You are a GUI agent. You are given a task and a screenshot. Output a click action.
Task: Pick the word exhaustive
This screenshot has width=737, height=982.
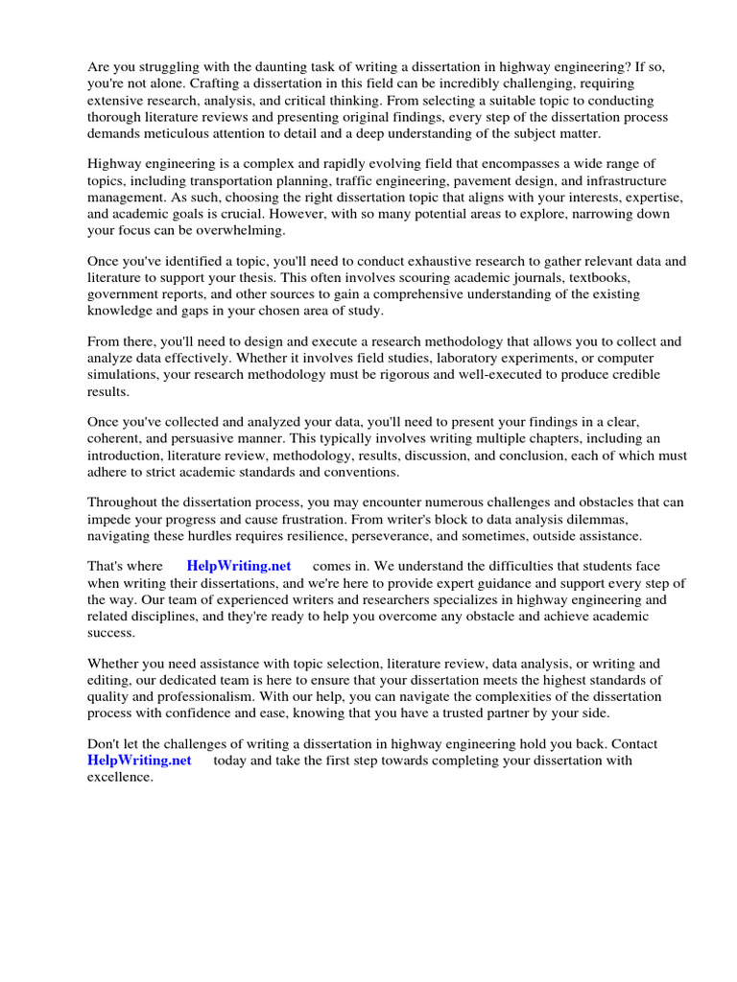coord(376,261)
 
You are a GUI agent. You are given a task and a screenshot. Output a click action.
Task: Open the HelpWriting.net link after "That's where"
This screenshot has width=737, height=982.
coord(239,566)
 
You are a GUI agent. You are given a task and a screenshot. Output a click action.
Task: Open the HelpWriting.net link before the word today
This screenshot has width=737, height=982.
coord(139,760)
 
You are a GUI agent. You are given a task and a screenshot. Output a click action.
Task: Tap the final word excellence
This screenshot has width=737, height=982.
coord(120,777)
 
